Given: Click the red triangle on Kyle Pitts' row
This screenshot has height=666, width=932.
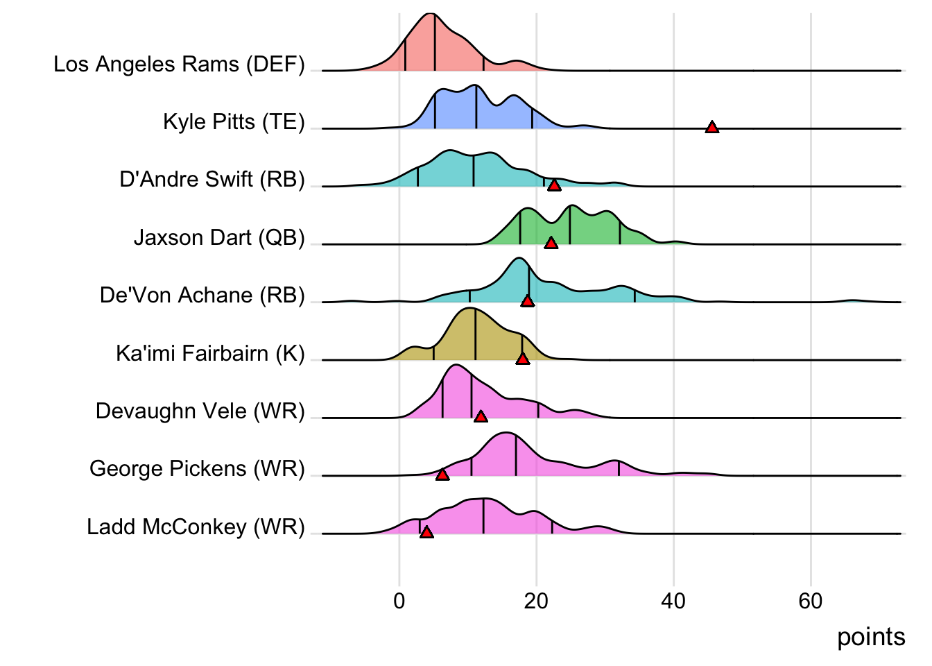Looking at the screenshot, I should tap(711, 127).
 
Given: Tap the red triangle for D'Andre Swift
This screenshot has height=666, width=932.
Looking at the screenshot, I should tap(554, 185).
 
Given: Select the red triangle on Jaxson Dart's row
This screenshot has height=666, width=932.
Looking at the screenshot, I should tap(551, 243).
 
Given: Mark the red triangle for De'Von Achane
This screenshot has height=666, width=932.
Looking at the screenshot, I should tap(528, 300).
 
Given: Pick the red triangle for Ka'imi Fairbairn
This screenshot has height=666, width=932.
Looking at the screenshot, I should tap(523, 359).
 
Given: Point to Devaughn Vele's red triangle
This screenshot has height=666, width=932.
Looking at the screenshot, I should tap(481, 416).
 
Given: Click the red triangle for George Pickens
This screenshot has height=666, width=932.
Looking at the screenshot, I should tap(442, 475).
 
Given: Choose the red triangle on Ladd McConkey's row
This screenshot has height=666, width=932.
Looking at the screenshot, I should tap(426, 532).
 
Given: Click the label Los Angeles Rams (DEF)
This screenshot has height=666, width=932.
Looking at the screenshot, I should tap(179, 65).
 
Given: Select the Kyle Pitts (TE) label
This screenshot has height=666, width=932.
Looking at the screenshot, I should tap(234, 122).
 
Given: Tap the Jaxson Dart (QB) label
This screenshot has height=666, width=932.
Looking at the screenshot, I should tap(219, 238).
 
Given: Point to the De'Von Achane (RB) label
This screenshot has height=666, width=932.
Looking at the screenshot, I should tap(202, 296).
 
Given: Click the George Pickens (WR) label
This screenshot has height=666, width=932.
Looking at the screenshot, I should tap(197, 469).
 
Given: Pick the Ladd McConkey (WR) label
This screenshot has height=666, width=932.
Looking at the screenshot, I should tap(196, 527).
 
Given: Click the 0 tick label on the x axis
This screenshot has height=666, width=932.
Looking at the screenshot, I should tap(399, 601).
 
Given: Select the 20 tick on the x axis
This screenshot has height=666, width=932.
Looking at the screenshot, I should tap(536, 601).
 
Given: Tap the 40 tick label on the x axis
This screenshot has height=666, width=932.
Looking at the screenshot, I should tap(673, 601).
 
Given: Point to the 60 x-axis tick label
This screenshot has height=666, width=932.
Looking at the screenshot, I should tap(811, 601).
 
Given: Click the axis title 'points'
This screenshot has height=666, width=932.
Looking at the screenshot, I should tap(871, 637).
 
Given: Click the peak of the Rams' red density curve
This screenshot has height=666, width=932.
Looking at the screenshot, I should tap(431, 14).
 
